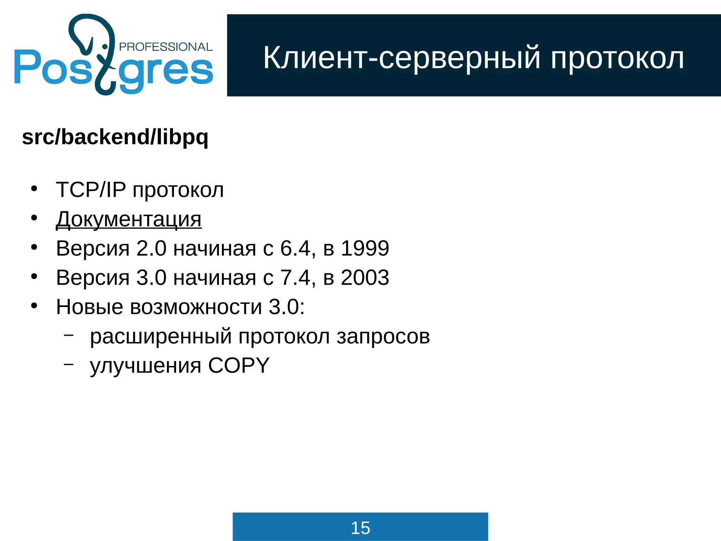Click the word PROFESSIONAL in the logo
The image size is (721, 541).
166,47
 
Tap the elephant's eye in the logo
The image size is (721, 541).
105,46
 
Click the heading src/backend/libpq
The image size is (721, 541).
115,137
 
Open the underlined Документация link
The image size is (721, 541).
129,219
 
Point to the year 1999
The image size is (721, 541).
365,248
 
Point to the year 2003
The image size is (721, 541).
365,278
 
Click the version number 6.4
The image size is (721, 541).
295,248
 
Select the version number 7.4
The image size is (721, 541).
295,278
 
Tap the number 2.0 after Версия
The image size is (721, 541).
151,248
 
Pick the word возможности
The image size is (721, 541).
196,307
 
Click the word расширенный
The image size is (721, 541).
161,336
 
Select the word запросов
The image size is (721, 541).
383,336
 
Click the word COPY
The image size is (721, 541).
239,365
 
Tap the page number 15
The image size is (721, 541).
360,528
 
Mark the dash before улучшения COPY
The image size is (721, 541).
69,364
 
